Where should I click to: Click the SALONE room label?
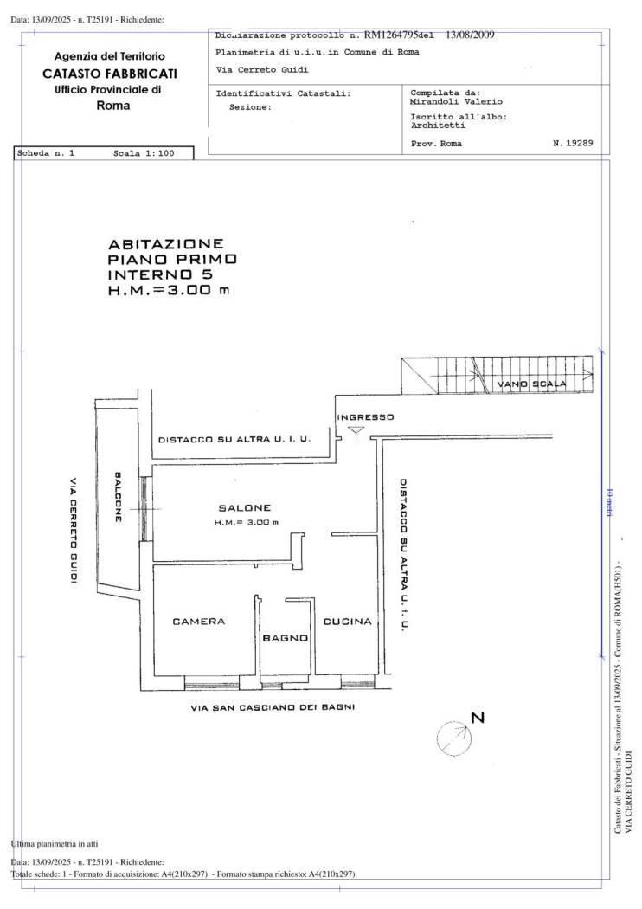coord(245,508)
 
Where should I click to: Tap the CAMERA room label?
coord(199,622)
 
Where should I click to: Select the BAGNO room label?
coord(285,638)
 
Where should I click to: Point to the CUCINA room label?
coord(347,622)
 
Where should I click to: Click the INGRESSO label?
coord(365,417)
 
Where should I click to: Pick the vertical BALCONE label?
coord(119,496)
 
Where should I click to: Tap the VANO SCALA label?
coord(531,384)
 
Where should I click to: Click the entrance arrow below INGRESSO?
coord(356,431)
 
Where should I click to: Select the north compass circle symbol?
coord(453,738)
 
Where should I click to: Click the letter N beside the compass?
coord(478,718)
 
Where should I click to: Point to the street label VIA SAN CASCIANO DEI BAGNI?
coord(273,707)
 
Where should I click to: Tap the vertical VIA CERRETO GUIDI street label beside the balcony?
coord(74,530)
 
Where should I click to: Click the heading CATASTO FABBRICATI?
coord(110,74)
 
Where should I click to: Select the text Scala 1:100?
coord(144,153)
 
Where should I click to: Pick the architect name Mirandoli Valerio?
coord(448,101)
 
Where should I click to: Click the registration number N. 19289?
coord(573,143)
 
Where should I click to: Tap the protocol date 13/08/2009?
coord(470,35)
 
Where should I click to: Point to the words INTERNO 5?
coord(161,274)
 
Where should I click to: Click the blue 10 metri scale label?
coord(610,503)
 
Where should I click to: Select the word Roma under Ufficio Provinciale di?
coord(113,106)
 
